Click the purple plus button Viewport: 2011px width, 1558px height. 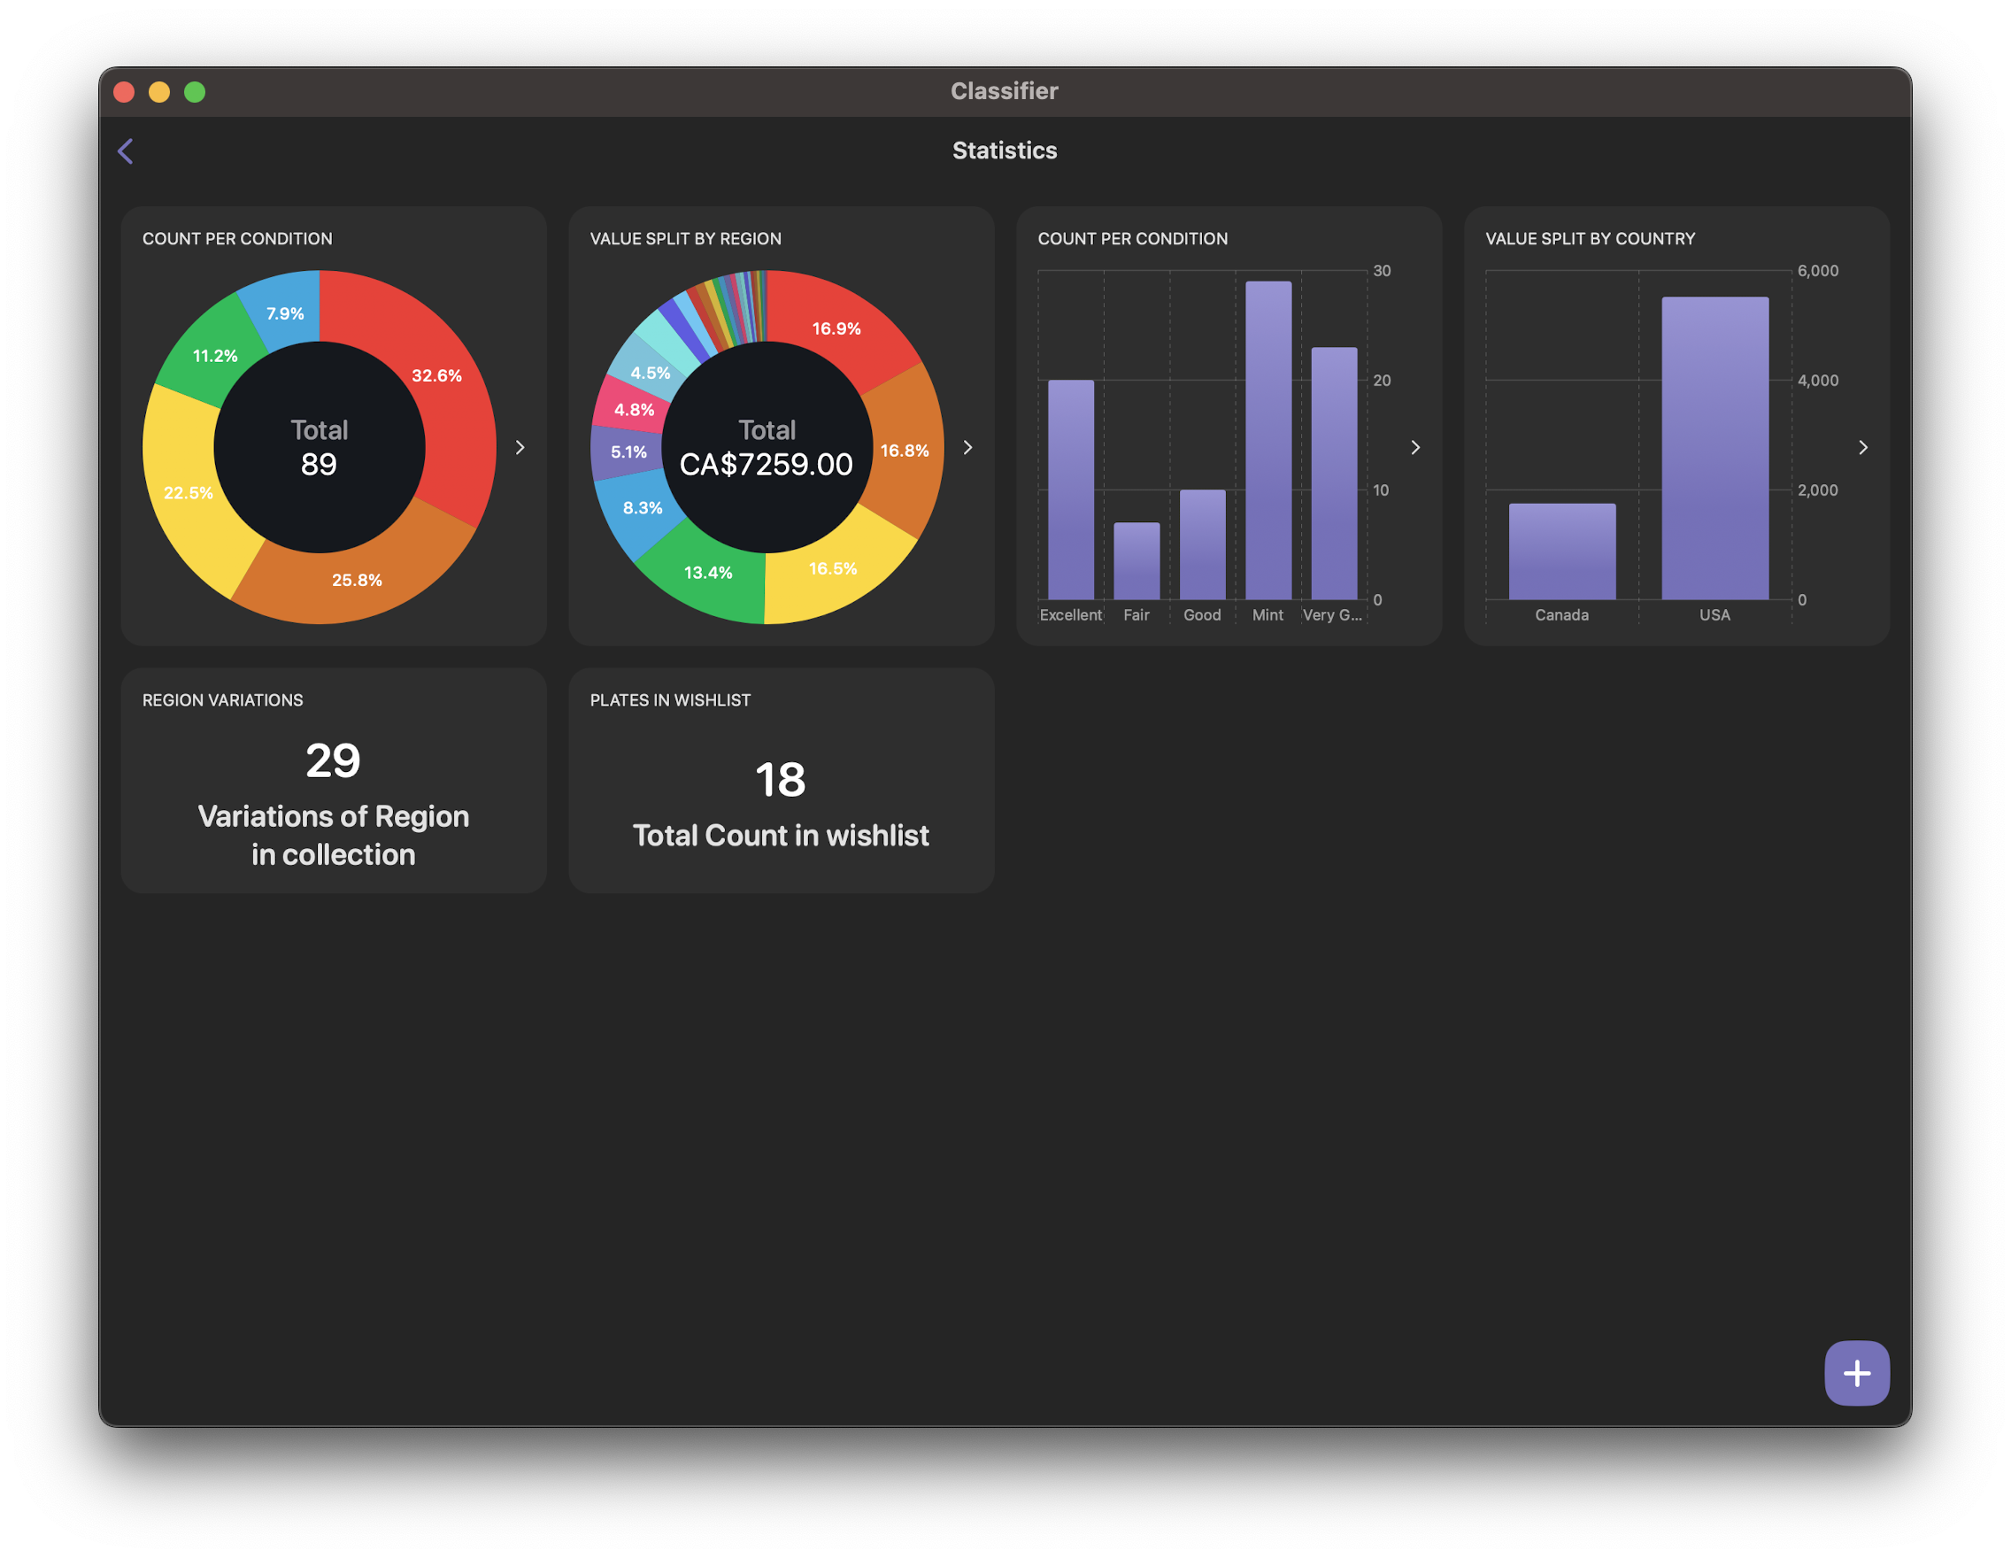pos(1856,1373)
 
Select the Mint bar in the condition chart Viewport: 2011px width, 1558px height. pos(1267,440)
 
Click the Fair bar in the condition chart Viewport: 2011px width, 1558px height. pos(1136,560)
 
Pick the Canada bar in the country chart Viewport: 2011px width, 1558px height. pos(1561,551)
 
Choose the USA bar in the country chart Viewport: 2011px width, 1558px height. pos(1714,448)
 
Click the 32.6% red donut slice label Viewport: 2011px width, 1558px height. pos(436,375)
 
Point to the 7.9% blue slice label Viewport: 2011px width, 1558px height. pos(285,314)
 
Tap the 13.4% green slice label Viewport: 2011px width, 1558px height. pos(708,573)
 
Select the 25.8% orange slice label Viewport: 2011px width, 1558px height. pos(358,580)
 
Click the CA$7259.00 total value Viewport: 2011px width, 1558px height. pos(767,464)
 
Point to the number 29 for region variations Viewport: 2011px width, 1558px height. pos(334,760)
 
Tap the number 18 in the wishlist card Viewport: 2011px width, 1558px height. pos(781,780)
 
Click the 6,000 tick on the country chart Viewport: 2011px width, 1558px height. pos(1818,271)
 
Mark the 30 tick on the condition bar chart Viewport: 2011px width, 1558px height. pos(1381,271)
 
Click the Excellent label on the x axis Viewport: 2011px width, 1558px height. pos(1071,615)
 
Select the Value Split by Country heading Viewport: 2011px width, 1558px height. pos(1591,238)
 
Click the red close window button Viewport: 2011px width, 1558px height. pos(124,92)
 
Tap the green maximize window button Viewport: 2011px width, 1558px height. pos(195,92)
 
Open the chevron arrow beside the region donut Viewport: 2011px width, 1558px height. pos(967,448)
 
